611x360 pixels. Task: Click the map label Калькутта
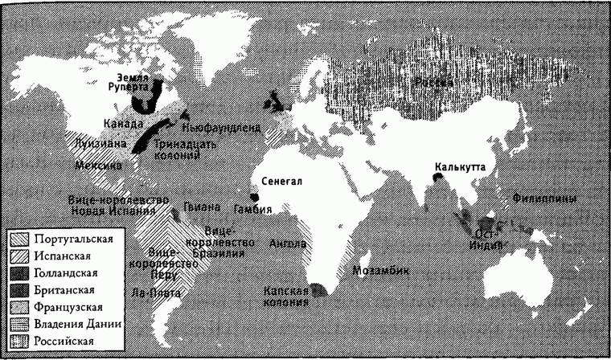[459, 168]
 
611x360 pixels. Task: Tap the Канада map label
[124, 125]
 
